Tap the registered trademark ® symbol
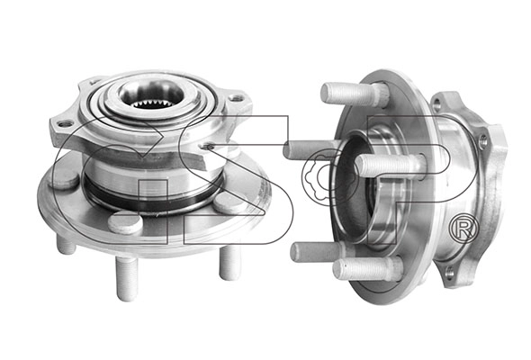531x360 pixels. [463, 229]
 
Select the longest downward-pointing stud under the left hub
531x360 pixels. [127, 278]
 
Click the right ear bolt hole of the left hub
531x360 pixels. [236, 99]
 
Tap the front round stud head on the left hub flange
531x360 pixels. [125, 222]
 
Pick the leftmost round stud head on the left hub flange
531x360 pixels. [63, 179]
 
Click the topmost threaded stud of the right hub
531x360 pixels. [354, 94]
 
